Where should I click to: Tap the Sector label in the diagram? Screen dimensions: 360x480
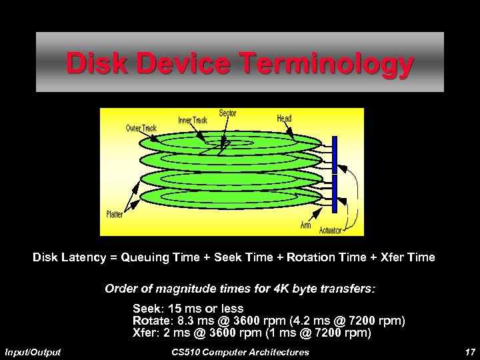227,113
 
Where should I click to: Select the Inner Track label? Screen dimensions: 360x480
193,120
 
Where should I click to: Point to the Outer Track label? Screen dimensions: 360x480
142,128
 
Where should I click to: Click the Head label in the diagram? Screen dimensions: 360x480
284,118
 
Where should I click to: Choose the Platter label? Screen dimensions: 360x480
114,214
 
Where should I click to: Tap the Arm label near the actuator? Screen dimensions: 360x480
305,225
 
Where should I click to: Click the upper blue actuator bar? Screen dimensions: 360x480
335,152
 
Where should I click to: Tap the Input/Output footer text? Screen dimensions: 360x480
33,351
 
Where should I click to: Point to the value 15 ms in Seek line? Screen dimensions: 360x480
183,309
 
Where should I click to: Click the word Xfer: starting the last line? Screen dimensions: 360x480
146,332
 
